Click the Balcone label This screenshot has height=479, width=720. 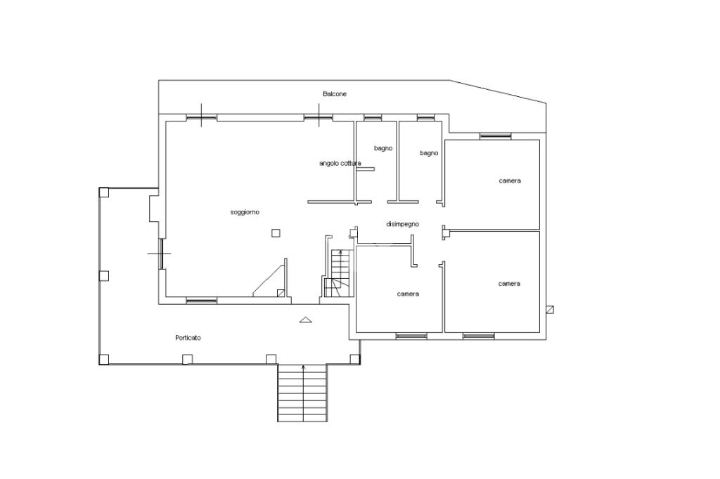pos(335,94)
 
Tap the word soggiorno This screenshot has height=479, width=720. pos(245,212)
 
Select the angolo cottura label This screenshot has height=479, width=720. pos(340,164)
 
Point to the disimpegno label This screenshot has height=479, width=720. pos(402,224)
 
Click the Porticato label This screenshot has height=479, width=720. pos(188,338)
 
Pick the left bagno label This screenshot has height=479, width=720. pos(383,149)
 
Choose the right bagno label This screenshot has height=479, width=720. pos(429,153)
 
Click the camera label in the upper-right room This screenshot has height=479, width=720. pos(510,181)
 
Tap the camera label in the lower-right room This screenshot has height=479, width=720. pos(509,284)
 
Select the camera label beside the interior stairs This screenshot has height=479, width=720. pos(408,294)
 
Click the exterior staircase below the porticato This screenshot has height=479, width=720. pos(302,393)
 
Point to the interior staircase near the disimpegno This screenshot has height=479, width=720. pos(338,273)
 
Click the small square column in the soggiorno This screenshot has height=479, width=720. pos(276,233)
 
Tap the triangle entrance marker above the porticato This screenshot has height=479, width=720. pos(305,320)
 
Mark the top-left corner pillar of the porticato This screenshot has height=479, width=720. pos(104,192)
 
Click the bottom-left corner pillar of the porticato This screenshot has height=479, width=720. pos(104,360)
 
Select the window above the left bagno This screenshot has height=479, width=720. pos(373,118)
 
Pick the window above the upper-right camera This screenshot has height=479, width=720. pos(496,136)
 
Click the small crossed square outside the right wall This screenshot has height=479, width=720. pos(550,310)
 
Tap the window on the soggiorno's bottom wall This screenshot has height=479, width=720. pos(202,301)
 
